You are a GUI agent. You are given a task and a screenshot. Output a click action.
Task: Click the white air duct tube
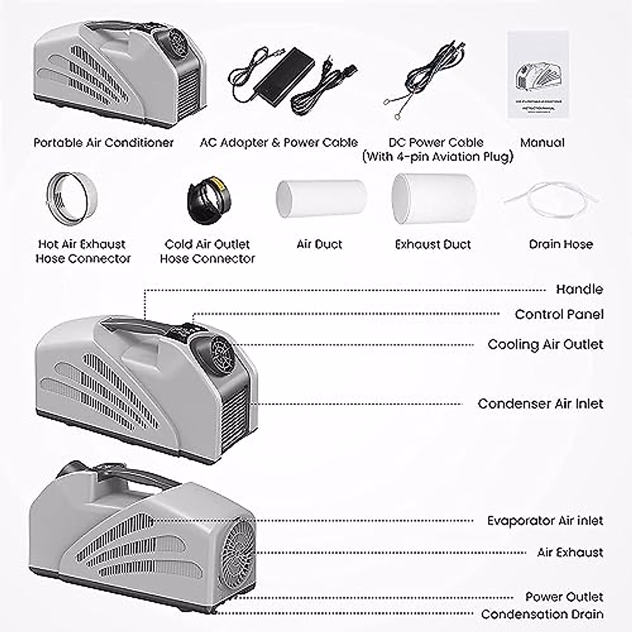pyautogui.click(x=320, y=198)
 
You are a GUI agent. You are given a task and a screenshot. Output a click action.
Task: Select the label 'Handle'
pyautogui.click(x=579, y=289)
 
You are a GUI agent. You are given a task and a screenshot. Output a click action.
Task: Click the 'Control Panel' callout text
pyautogui.click(x=559, y=314)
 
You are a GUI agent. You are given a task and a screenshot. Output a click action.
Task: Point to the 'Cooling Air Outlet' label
pyautogui.click(x=545, y=344)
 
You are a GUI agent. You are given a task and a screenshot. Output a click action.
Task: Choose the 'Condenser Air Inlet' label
pyautogui.click(x=540, y=404)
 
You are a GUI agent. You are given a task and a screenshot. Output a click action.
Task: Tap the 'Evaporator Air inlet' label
pyautogui.click(x=545, y=521)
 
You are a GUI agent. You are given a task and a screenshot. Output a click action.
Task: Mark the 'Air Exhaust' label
pyautogui.click(x=570, y=552)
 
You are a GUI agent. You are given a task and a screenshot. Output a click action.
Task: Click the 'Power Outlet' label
pyautogui.click(x=564, y=597)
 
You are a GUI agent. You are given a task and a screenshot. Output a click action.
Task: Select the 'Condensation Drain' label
pyautogui.click(x=542, y=614)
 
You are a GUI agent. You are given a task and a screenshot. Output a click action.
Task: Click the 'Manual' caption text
pyautogui.click(x=542, y=143)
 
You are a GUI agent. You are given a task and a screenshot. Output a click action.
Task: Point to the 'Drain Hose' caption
pyautogui.click(x=560, y=244)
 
